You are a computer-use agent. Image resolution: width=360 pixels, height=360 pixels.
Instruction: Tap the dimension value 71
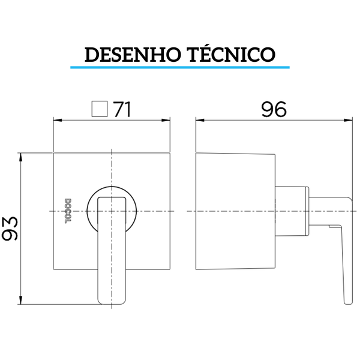click(122, 109)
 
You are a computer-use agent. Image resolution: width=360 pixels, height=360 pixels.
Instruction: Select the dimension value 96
click(274, 109)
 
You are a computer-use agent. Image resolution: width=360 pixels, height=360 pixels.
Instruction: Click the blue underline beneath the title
click(180, 66)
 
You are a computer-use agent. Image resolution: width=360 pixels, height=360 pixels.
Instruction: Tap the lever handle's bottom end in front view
click(113, 297)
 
